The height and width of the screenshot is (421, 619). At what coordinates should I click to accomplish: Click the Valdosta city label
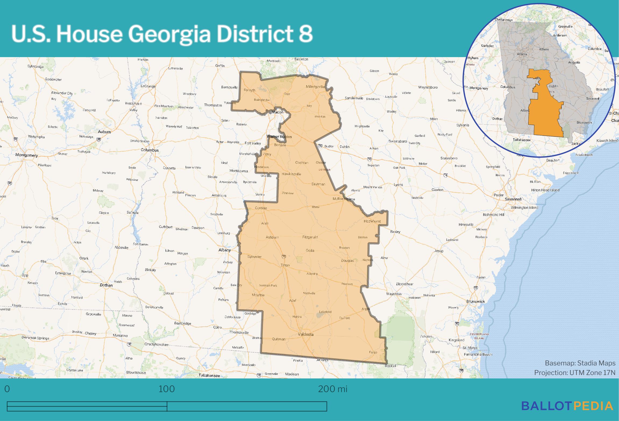point(306,334)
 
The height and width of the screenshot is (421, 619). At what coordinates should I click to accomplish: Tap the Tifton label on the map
point(285,265)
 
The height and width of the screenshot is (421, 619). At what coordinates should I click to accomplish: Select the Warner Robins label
point(279,137)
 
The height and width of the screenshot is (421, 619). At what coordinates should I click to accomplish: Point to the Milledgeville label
point(315,87)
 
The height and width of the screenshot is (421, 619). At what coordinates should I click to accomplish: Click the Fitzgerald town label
point(310,237)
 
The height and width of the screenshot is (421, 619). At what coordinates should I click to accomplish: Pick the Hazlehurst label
point(372,221)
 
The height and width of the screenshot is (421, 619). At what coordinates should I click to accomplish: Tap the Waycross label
point(394,294)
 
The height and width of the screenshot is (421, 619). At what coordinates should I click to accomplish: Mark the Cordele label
point(261,208)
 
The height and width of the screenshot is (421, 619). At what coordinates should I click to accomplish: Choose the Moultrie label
point(258,295)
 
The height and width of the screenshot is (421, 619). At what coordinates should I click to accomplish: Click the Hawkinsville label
point(291,174)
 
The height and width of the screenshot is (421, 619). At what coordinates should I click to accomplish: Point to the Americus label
point(219,195)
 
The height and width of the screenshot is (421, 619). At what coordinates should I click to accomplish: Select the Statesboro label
point(449,158)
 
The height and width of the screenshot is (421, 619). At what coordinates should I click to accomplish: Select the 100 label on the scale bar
point(166,389)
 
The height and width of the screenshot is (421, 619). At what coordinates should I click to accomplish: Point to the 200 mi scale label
point(333,389)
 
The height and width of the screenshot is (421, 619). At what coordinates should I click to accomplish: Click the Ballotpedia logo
point(567,406)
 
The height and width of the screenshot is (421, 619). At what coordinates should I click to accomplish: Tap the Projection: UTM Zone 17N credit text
point(575,373)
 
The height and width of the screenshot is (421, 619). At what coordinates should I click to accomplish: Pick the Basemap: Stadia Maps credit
point(580,363)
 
